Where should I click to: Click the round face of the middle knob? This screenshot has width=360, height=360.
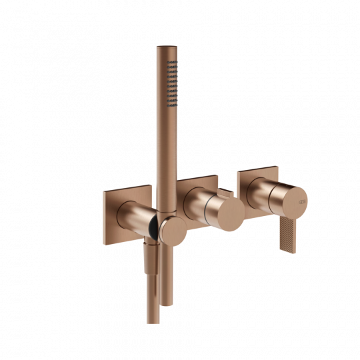(229, 213)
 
